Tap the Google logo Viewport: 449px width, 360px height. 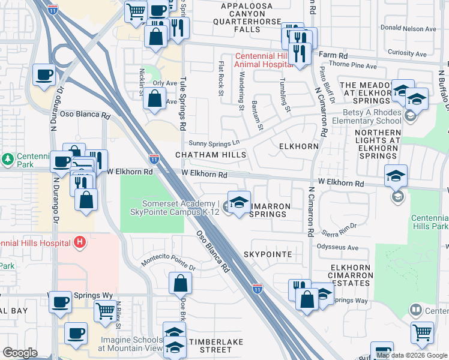(20, 353)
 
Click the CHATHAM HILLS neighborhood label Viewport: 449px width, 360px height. (211, 155)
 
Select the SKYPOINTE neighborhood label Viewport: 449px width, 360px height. (268, 254)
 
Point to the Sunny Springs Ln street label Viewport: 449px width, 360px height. (214, 143)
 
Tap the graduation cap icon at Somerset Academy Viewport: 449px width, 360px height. (239, 202)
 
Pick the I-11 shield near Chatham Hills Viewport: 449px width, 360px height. (154, 159)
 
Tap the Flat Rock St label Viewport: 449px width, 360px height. (221, 77)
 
